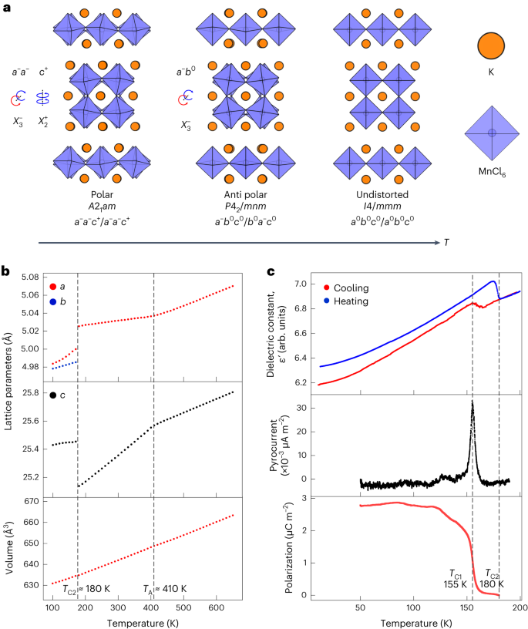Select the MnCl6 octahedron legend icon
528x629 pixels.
pos(491,133)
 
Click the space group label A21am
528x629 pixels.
pos(106,206)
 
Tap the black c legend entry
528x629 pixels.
pos(56,395)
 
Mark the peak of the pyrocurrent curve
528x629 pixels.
pos(472,401)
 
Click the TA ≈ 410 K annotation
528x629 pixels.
pos(166,590)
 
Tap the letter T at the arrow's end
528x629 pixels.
pos(446,242)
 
